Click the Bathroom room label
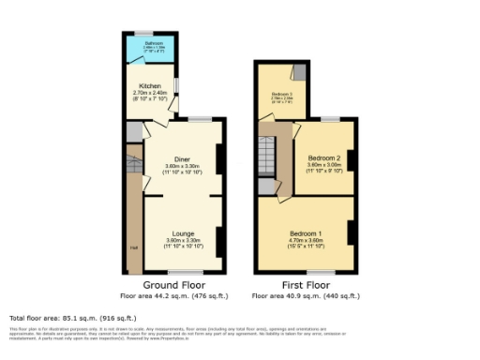[155, 43]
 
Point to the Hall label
[133, 247]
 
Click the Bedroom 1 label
[306, 232]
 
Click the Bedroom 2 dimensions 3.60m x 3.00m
[322, 166]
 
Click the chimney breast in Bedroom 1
[351, 232]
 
